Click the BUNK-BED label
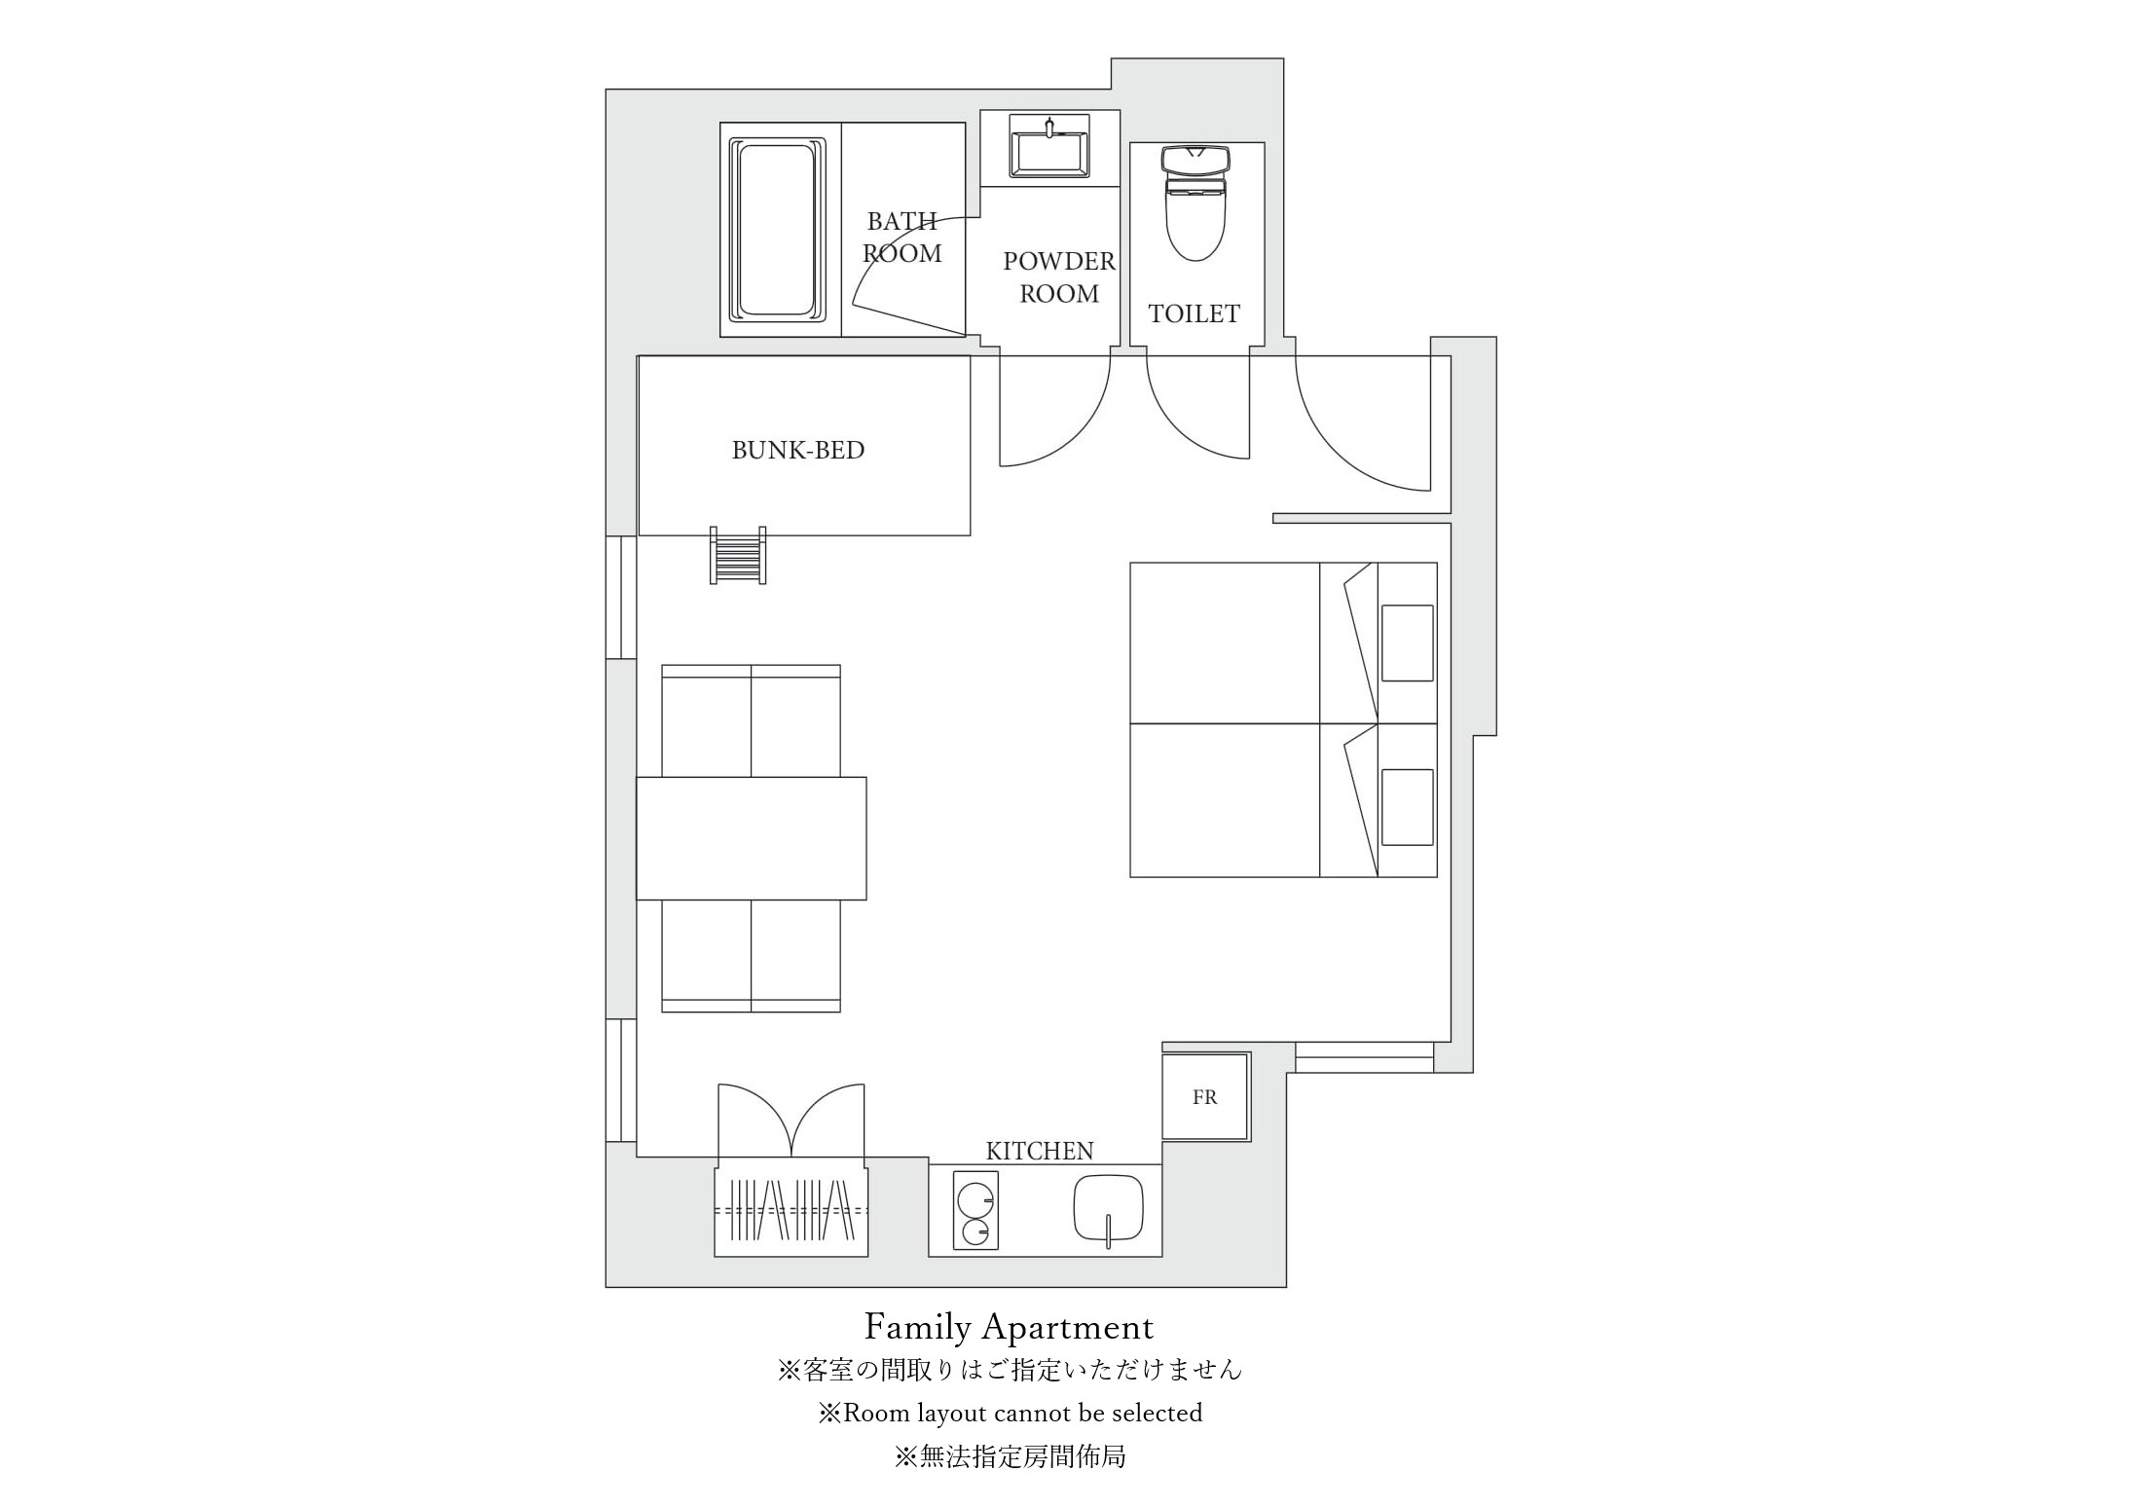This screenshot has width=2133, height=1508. [798, 450]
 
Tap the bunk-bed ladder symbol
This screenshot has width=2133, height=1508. [738, 555]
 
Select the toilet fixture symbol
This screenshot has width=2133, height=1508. [1195, 203]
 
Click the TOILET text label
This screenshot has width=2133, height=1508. [1195, 313]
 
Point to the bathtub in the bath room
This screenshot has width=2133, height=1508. [777, 231]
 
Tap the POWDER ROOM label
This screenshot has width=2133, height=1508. [1059, 277]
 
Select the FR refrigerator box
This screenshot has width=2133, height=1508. [1206, 1097]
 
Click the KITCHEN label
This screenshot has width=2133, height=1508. [1040, 1151]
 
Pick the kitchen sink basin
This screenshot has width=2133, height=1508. [1108, 1208]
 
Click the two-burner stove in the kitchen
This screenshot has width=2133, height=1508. [975, 1212]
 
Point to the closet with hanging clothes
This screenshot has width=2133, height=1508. [791, 1211]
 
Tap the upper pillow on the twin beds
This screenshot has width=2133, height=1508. [1408, 643]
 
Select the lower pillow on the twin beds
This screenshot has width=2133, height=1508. [1408, 807]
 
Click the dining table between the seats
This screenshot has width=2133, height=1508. [752, 838]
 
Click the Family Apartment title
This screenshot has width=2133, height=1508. [1010, 1327]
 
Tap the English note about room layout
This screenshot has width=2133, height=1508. [1011, 1413]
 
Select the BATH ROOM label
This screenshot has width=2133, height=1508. [902, 238]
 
